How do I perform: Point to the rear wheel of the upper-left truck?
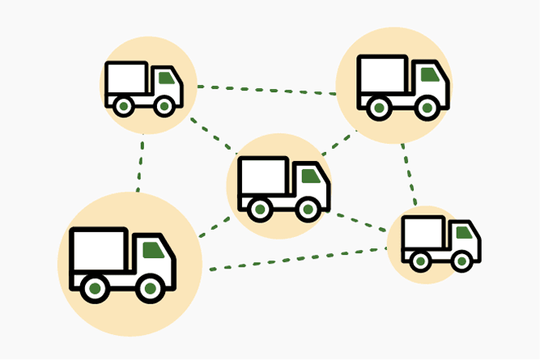(123, 106)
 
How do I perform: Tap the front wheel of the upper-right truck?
(425, 106)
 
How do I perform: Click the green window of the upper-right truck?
(429, 74)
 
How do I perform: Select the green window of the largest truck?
(152, 249)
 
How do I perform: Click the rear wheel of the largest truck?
(95, 288)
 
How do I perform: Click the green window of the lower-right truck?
(464, 233)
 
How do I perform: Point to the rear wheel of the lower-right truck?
(419, 260)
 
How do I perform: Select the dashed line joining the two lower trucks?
(296, 260)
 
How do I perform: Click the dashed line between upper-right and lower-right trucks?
(409, 173)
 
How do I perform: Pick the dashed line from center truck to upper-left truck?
(212, 136)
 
